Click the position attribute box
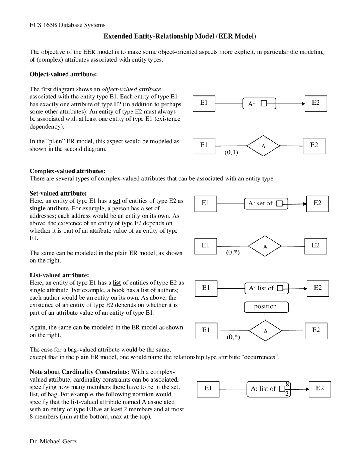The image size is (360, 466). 266,307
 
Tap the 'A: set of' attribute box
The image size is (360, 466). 266,203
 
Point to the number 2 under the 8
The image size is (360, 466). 287,394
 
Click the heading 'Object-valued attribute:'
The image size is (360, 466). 63,74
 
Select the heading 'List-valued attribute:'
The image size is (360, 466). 59,275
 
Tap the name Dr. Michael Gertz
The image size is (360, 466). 53,441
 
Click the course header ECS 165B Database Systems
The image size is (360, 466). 67,25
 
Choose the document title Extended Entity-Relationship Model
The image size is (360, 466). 180,36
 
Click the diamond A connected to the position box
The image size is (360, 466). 265,331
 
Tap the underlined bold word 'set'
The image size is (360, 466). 116,201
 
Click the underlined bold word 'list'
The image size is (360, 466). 117,283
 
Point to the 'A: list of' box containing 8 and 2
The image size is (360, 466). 268,389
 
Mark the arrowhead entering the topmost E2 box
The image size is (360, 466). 303,104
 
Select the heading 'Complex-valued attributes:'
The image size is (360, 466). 67,171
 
